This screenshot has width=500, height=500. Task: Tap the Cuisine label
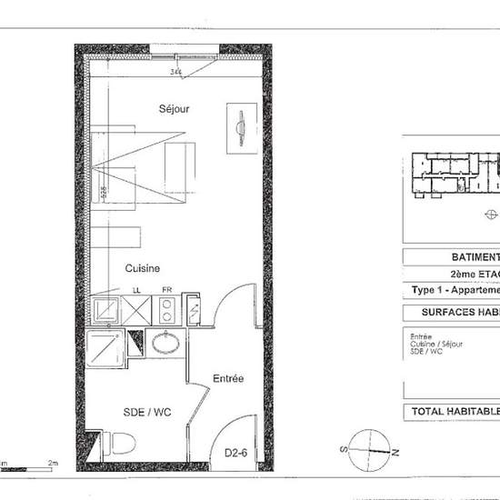pos(143,268)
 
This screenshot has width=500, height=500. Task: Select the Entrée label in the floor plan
pos(228,378)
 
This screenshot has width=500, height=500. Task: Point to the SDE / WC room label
pos(146,412)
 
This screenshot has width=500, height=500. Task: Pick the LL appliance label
pos(137,291)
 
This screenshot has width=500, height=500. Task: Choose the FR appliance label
pos(166,291)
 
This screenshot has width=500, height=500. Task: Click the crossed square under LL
pos(137,311)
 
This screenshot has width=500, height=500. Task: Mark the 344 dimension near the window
pos(175,71)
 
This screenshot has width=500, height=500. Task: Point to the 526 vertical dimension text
pos(105,192)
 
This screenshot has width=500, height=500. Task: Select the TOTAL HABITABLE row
pos(455,412)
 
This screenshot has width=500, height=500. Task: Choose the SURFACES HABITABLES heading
pos(455,313)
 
